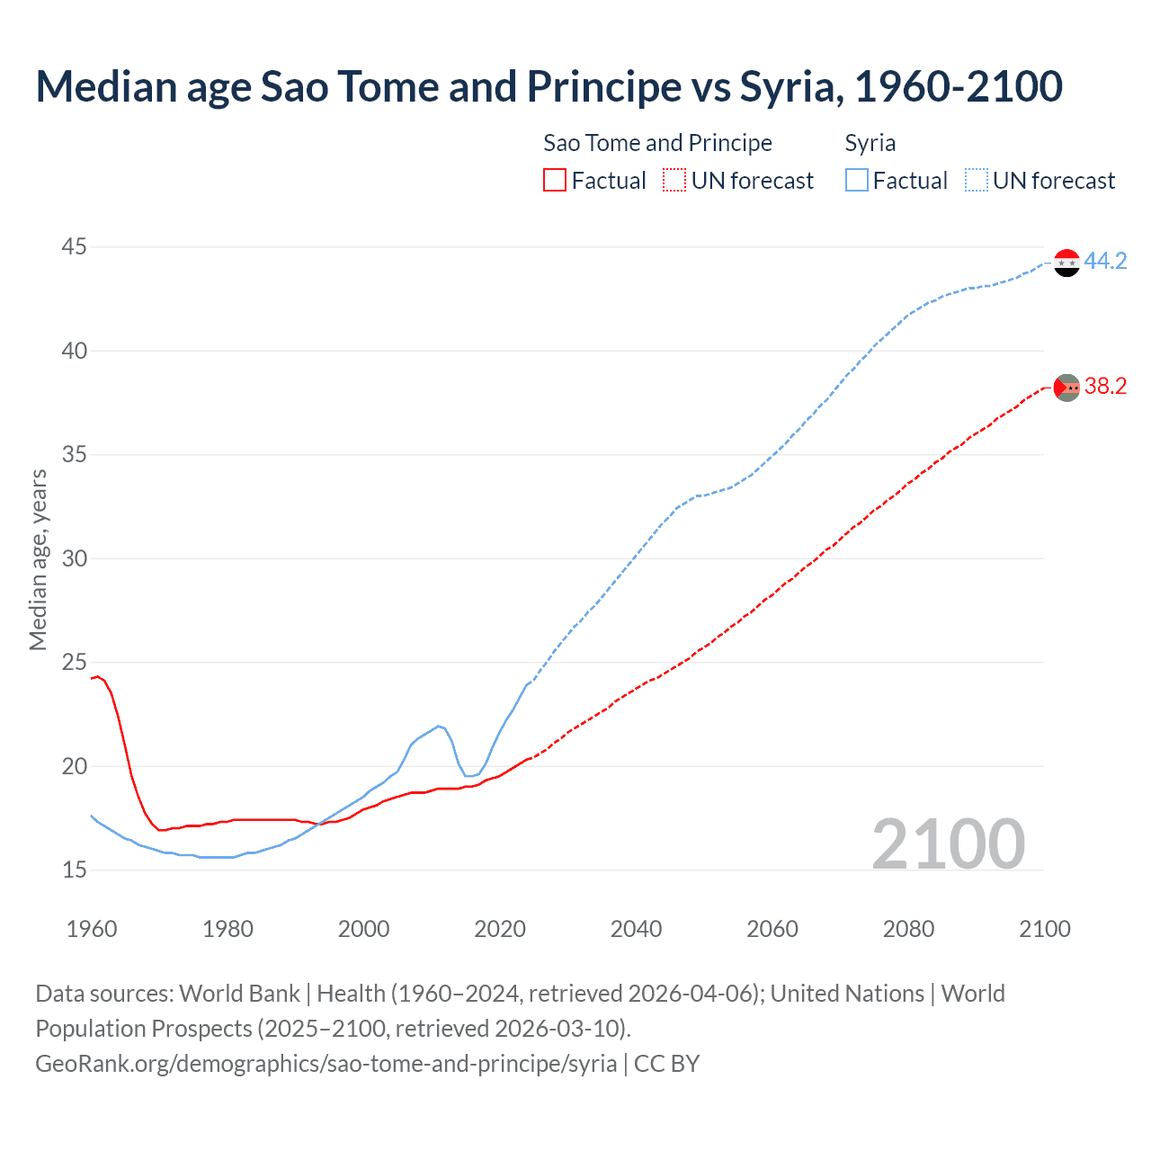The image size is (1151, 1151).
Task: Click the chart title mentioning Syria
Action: pyautogui.click(x=549, y=86)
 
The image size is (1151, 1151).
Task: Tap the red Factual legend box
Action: pyautogui.click(x=555, y=181)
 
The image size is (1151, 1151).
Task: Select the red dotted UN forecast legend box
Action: pyautogui.click(x=674, y=181)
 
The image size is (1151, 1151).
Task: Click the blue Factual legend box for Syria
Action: pyautogui.click(x=857, y=181)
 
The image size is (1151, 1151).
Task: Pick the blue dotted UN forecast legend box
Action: pyautogui.click(x=976, y=181)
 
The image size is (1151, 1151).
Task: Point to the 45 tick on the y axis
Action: pyautogui.click(x=75, y=246)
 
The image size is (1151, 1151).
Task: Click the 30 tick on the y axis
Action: pyautogui.click(x=75, y=558)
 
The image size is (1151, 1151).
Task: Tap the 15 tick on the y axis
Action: pyautogui.click(x=75, y=870)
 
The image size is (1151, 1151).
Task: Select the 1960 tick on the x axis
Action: pyautogui.click(x=92, y=929)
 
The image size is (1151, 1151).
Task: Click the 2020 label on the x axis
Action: pyautogui.click(x=500, y=929)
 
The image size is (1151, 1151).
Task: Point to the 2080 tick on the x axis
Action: pyautogui.click(x=908, y=929)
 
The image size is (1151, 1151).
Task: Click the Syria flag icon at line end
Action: pyautogui.click(x=1066, y=263)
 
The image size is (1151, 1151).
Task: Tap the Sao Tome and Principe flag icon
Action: pyautogui.click(x=1066, y=388)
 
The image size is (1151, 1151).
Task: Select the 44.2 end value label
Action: pyautogui.click(x=1105, y=262)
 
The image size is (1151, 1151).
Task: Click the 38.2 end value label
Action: pyautogui.click(x=1105, y=387)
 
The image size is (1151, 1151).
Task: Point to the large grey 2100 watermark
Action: pyautogui.click(x=948, y=843)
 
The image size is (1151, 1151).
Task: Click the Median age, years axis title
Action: pyautogui.click(x=38, y=559)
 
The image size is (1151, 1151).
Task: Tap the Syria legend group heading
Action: pyautogui.click(x=870, y=143)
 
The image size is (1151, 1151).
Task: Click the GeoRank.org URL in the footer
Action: pyautogui.click(x=326, y=1064)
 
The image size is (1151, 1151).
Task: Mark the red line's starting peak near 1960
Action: pyautogui.click(x=98, y=676)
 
